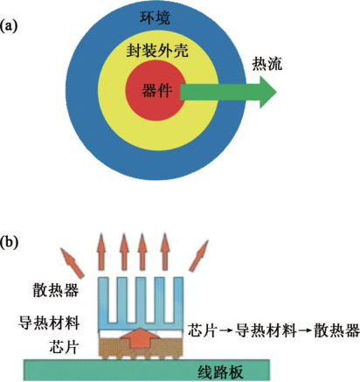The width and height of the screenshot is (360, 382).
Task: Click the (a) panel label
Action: (x=10, y=27)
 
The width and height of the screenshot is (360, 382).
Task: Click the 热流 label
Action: (x=267, y=64)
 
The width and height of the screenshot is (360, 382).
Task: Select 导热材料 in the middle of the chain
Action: (x=261, y=330)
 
